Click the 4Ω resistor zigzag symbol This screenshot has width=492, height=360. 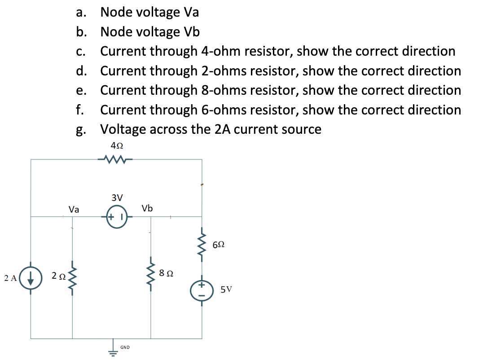pos(116,158)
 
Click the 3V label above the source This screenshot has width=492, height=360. pos(117,198)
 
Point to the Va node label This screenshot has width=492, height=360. pos(74,209)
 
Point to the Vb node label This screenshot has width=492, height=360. pos(147,208)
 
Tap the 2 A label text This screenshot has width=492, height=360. pos(10,278)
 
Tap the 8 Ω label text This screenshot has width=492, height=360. pos(166,273)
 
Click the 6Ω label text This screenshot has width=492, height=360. pos(218,245)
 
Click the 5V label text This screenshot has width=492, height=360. pos(226,290)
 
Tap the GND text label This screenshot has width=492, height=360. pos(125,347)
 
